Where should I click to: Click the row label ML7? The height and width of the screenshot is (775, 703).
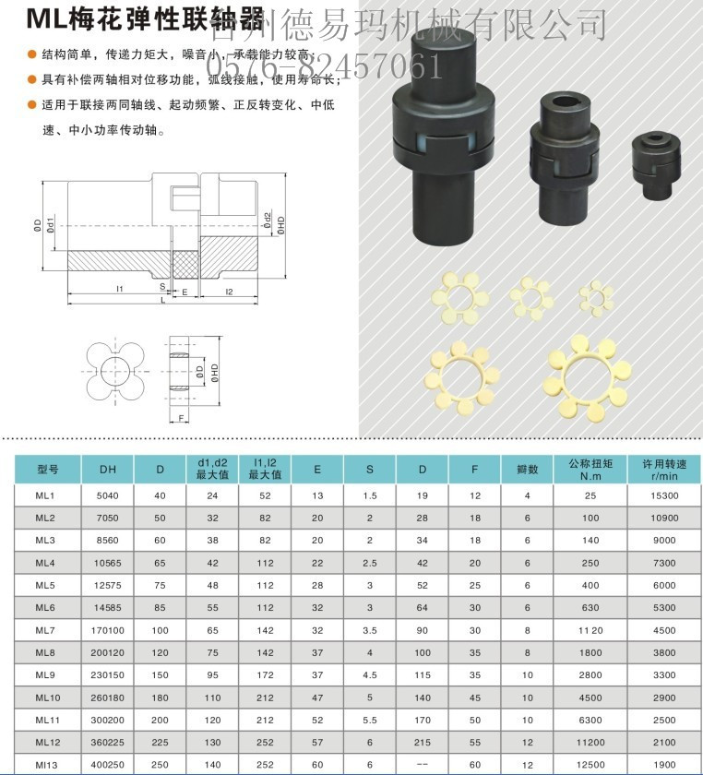click(46, 631)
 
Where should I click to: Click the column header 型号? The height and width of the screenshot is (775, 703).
click(46, 469)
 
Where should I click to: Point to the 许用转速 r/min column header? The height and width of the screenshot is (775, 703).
click(664, 469)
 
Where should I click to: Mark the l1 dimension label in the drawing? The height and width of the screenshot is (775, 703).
click(120, 289)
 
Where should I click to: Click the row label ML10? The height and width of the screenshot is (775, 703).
click(46, 698)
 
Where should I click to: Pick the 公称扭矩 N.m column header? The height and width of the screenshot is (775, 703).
click(590, 469)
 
